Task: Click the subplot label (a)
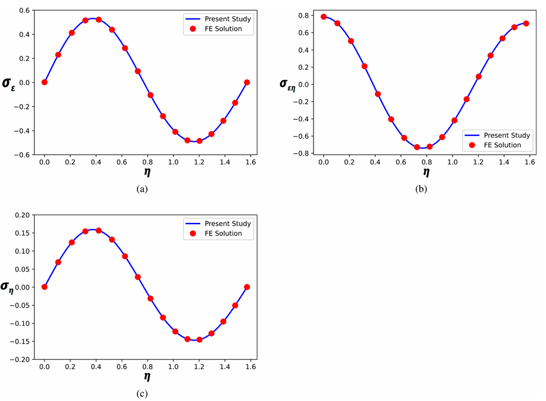142,189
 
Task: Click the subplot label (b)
421,189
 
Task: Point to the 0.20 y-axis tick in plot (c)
22,215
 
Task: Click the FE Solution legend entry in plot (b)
500,145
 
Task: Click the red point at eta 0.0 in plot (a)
44,82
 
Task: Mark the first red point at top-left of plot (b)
324,17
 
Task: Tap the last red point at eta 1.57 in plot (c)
247,287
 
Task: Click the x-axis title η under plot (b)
426,172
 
